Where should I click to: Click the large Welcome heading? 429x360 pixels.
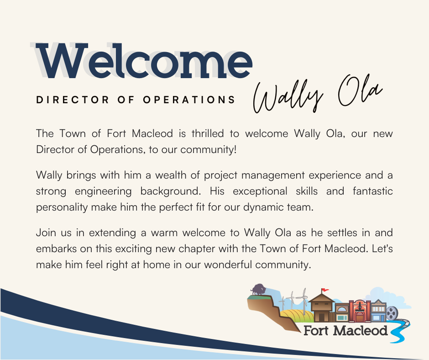click(x=144, y=61)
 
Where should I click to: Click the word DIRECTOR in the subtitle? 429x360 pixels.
click(x=73, y=100)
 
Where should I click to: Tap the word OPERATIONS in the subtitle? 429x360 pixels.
click(x=189, y=100)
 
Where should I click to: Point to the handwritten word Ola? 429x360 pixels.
click(x=360, y=91)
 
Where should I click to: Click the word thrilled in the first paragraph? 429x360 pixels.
click(x=208, y=133)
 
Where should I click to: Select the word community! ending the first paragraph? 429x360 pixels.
click(x=208, y=149)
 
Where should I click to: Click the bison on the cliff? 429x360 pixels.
click(x=258, y=290)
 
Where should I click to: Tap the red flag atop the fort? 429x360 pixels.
click(x=325, y=290)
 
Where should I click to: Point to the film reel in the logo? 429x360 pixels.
click(x=392, y=313)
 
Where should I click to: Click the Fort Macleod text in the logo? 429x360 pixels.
click(x=345, y=330)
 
